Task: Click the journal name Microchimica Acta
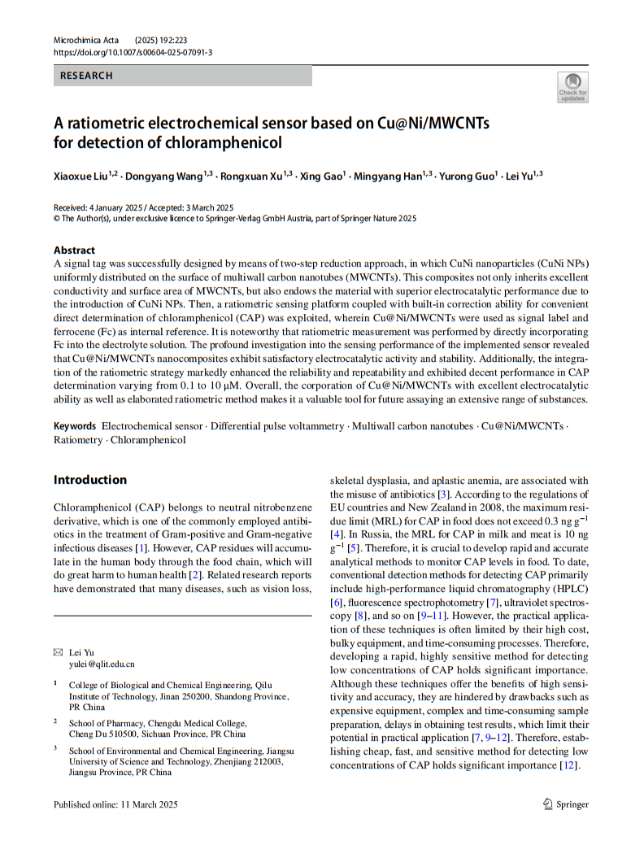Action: pyautogui.click(x=85, y=40)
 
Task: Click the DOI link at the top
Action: pyautogui.click(x=133, y=51)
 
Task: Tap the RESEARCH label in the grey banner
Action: pyautogui.click(x=86, y=76)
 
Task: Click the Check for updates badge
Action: pyautogui.click(x=572, y=87)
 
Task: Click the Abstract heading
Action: pyautogui.click(x=74, y=250)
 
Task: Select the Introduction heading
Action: pyautogui.click(x=90, y=480)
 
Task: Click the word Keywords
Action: pyautogui.click(x=75, y=426)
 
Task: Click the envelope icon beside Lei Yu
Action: pyautogui.click(x=58, y=652)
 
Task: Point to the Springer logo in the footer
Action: pyautogui.click(x=565, y=804)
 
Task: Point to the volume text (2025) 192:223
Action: pyautogui.click(x=174, y=40)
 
